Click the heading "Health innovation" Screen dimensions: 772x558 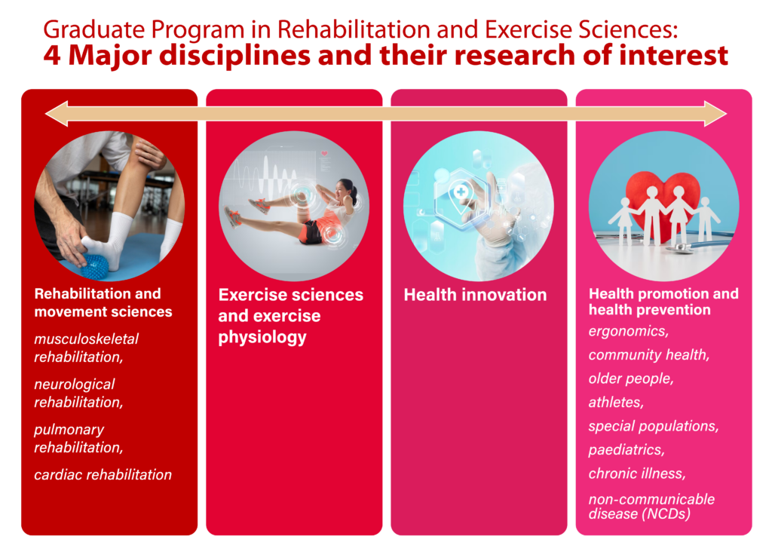click(475, 295)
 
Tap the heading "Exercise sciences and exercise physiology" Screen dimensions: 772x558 click(290, 316)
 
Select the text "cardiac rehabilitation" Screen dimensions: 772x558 click(103, 475)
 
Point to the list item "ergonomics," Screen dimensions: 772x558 click(629, 332)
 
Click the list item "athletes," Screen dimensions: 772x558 click(617, 403)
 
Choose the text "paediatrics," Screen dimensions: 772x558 click(626, 450)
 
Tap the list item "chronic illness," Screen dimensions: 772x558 click(637, 474)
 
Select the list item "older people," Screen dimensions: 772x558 click(631, 379)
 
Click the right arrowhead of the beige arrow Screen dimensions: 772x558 click(716, 114)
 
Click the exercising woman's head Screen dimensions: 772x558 click(345, 189)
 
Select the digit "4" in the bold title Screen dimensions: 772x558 click(52, 56)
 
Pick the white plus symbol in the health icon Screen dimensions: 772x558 click(461, 192)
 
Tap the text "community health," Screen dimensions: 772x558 click(649, 355)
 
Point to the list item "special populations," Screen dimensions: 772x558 click(654, 427)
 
